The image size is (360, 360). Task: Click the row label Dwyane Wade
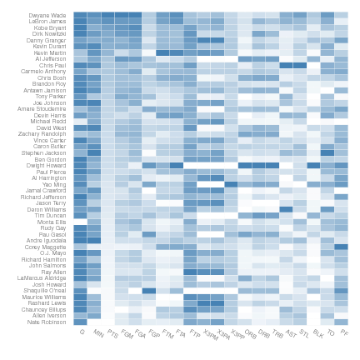point(48,15)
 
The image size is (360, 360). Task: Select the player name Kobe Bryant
point(50,27)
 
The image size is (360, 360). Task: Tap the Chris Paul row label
point(52,65)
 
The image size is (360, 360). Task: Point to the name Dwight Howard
point(47,165)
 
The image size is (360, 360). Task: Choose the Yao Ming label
point(54,184)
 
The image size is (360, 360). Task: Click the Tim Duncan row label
point(52,215)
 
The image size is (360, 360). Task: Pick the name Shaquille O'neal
point(47,290)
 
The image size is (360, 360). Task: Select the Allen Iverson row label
point(50,315)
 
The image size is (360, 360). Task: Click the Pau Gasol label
point(53,234)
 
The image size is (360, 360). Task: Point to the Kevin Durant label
point(49,47)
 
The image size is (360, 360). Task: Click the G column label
point(82,332)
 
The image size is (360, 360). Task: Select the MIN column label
point(98,333)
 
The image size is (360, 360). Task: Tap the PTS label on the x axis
point(112,333)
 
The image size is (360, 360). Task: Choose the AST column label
point(290,333)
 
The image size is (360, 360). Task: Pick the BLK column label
point(317,333)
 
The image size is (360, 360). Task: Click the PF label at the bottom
point(344,332)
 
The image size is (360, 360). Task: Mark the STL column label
point(303,333)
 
